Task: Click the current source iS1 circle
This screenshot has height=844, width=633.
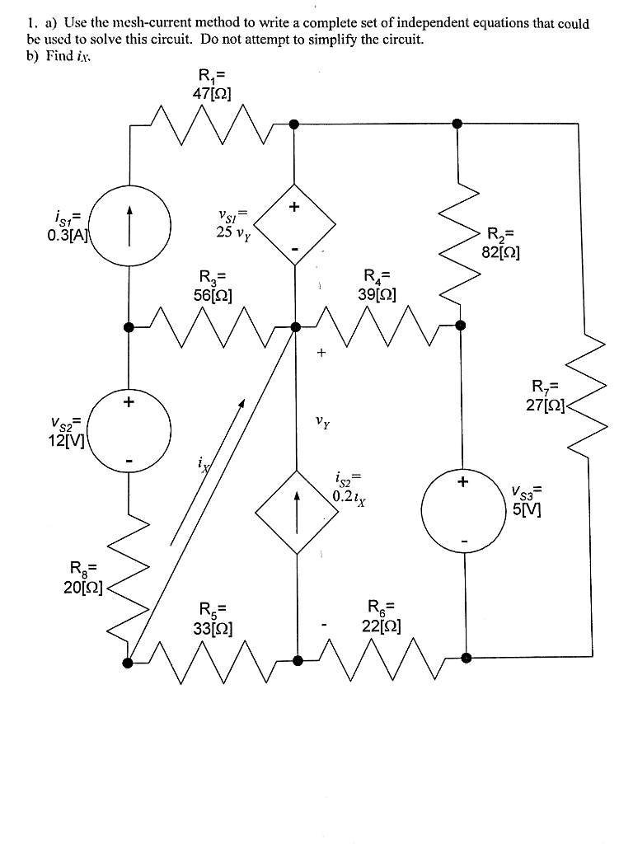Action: (129, 224)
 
